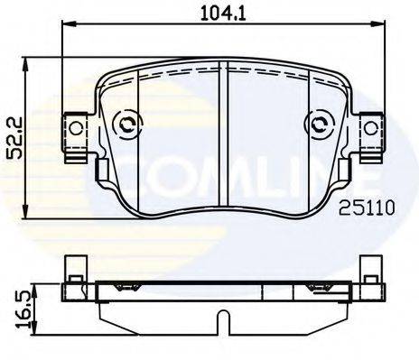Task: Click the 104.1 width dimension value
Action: tap(223, 14)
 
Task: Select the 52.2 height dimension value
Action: tap(14, 137)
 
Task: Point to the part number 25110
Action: tap(367, 208)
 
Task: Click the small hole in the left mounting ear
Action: tap(75, 128)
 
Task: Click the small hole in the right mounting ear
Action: tap(370, 128)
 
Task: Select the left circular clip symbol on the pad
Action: tap(126, 124)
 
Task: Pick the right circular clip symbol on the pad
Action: tap(319, 124)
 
